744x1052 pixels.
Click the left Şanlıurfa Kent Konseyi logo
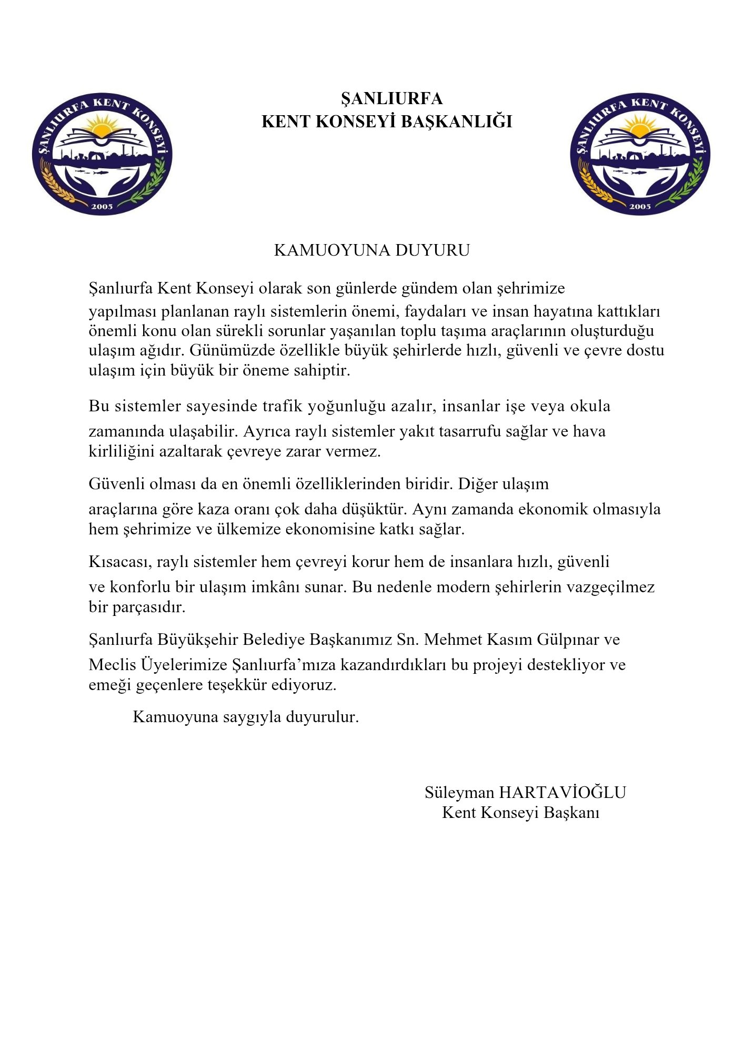102,154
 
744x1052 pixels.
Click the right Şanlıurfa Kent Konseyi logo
640,154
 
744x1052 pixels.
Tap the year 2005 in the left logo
102,206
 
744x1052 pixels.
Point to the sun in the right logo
640,127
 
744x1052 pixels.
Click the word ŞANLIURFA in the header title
392,99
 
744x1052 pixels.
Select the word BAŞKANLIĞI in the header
456,122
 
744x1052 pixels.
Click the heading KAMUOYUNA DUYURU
371,250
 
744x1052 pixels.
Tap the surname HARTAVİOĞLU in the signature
562,793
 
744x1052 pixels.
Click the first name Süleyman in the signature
459,793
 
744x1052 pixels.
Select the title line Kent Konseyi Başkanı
520,813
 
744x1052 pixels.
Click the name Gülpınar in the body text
568,640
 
